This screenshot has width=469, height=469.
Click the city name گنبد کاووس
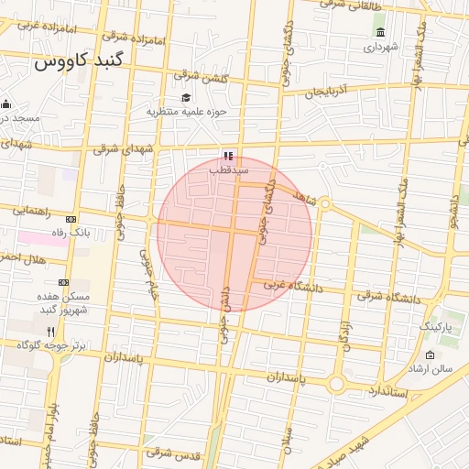click(x=83, y=63)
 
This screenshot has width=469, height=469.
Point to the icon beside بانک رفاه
click(x=70, y=219)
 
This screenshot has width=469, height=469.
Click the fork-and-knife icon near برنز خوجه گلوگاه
click(x=50, y=332)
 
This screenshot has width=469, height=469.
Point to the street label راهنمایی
click(x=32, y=210)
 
